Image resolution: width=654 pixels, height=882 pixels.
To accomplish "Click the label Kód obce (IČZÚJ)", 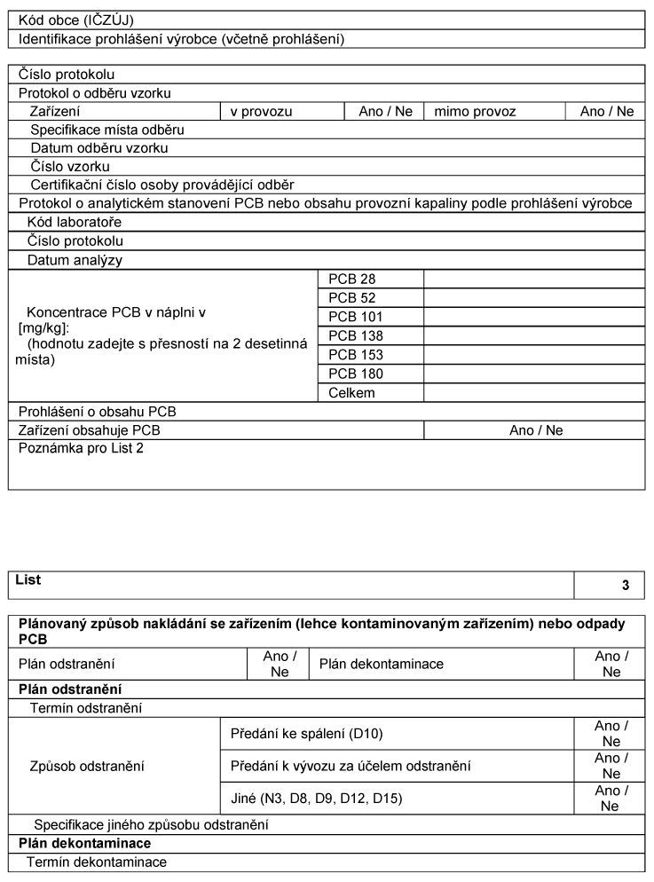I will [x=76, y=19].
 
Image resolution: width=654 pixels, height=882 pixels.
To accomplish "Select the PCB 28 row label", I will [x=352, y=279].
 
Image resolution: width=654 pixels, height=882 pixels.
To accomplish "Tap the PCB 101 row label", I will [x=356, y=317].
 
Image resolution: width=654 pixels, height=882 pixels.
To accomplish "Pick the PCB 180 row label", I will [x=356, y=374].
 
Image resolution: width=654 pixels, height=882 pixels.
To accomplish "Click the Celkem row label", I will [x=351, y=393].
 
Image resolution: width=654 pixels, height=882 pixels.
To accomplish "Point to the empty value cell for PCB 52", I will [x=533, y=298].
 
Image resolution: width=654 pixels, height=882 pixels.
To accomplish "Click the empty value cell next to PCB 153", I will [x=533, y=355].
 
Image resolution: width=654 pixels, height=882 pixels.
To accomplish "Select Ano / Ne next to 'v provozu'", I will [x=385, y=112].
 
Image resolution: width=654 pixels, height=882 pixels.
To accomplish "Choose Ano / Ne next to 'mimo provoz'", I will [x=607, y=112].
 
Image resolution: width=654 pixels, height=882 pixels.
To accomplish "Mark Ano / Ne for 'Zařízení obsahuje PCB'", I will [x=536, y=430].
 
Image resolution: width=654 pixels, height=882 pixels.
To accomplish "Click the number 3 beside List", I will [x=626, y=586].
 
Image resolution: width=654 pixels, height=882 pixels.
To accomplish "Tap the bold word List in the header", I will [x=29, y=580].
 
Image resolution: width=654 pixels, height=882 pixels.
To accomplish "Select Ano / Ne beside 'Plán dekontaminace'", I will [x=611, y=664].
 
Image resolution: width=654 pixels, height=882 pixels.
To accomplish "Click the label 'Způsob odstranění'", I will [x=87, y=766].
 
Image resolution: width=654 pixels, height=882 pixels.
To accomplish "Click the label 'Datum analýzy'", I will [x=75, y=261].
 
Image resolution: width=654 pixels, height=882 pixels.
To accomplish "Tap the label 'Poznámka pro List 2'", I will [x=81, y=448].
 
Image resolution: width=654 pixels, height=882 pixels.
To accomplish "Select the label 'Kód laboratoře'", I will [x=75, y=222].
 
